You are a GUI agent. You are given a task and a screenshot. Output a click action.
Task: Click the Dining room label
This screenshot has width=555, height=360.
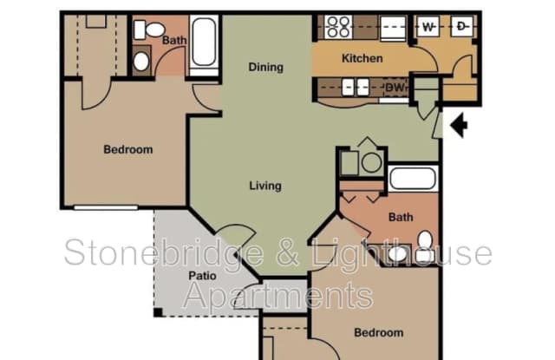pyautogui.click(x=266, y=67)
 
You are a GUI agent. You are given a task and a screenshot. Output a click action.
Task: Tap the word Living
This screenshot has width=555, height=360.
pyautogui.click(x=265, y=186)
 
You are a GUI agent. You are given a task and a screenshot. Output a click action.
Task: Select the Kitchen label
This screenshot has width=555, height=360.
pyautogui.click(x=362, y=58)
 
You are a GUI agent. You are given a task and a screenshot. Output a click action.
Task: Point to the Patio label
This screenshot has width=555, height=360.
pyautogui.click(x=202, y=275)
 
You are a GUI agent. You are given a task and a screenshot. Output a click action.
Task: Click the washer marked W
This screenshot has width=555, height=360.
pyautogui.click(x=428, y=26)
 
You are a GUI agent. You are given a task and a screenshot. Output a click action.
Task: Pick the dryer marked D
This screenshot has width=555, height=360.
pyautogui.click(x=462, y=26)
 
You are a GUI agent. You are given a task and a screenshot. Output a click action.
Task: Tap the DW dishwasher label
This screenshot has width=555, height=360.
pyautogui.click(x=395, y=87)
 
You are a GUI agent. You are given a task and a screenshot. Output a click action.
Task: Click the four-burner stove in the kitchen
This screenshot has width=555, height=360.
pyautogui.click(x=338, y=27)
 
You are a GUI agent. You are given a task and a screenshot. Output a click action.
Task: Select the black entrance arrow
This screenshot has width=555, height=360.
pyautogui.click(x=459, y=125)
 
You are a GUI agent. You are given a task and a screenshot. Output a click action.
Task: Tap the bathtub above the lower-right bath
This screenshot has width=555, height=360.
pyautogui.click(x=413, y=178)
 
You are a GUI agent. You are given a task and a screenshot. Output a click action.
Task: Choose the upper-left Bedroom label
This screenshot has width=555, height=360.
pyautogui.click(x=128, y=149)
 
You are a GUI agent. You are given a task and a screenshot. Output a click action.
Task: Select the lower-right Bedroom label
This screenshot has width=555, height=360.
pyautogui.click(x=379, y=333)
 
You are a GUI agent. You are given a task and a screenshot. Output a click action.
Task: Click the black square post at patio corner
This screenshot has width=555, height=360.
pyautogui.click(x=158, y=312)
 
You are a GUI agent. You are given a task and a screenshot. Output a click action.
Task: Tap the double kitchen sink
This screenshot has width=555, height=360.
pyautogui.click(x=356, y=87)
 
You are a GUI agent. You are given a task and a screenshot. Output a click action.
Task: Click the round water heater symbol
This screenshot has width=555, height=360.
pyautogui.click(x=371, y=162)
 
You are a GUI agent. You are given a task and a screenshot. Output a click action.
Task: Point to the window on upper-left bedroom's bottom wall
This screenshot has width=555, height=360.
pyautogui.click(x=106, y=207)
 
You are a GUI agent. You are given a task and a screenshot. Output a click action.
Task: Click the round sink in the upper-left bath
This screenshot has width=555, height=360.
pyautogui.click(x=141, y=62)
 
